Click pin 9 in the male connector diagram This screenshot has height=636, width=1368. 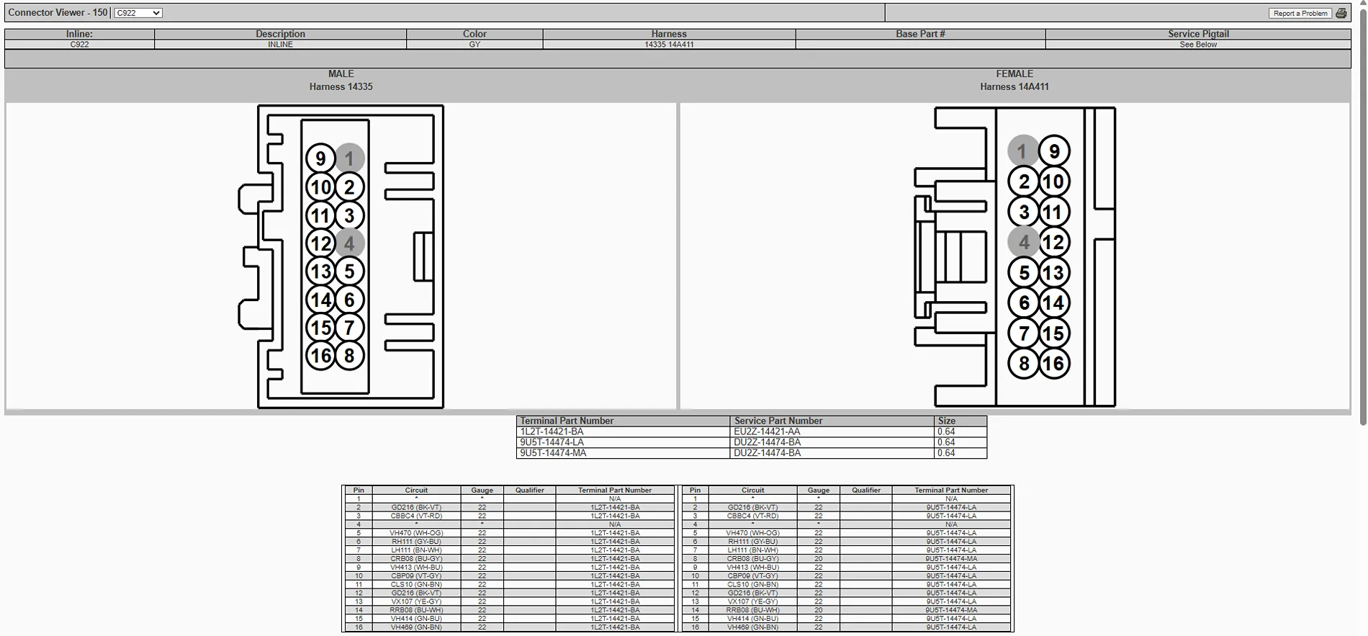tap(320, 158)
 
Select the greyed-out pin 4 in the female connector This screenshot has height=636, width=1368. tap(1023, 242)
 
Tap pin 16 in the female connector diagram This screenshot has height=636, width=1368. tap(1053, 363)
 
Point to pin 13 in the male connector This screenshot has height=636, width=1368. tap(320, 272)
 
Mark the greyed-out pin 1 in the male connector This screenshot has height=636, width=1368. tap(350, 158)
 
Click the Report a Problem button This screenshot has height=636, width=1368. tap(1300, 13)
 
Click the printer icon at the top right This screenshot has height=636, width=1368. tap(1341, 13)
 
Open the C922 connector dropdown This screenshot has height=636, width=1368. tap(138, 13)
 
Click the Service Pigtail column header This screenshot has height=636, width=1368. tap(1198, 34)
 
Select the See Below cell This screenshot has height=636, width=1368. tap(1198, 45)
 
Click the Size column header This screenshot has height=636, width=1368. tap(946, 421)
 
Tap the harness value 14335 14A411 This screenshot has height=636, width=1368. tap(669, 45)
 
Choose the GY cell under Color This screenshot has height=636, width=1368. tap(474, 45)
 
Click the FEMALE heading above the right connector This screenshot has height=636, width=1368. tap(1014, 74)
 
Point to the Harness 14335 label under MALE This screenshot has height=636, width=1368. tap(341, 87)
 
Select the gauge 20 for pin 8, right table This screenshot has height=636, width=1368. tap(819, 559)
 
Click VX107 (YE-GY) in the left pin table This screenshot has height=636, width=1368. tap(416, 601)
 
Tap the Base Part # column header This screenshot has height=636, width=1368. tap(920, 34)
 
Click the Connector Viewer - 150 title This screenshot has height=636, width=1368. tap(58, 13)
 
